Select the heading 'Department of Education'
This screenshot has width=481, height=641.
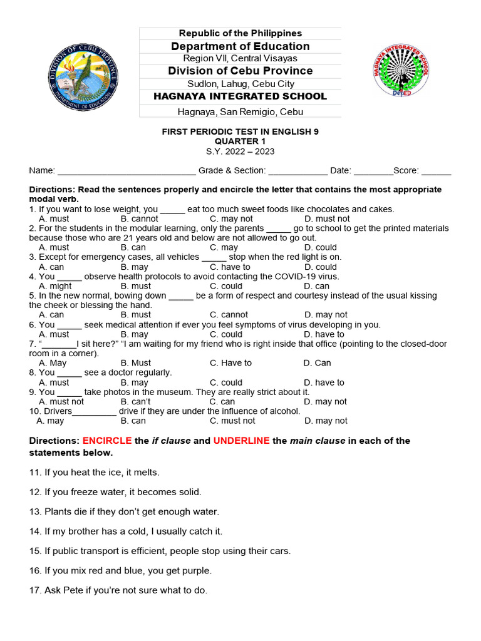[240, 46]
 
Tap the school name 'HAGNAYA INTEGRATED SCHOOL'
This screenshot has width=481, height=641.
[240, 96]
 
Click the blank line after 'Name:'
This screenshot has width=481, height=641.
[126, 171]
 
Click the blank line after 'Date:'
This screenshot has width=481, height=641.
[373, 171]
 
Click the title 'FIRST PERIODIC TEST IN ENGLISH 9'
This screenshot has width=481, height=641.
[240, 131]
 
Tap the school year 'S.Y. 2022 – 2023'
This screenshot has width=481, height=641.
[240, 151]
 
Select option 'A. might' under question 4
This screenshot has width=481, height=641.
[55, 287]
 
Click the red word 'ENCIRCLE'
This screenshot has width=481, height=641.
[107, 441]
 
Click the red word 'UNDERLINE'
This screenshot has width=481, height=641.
[241, 441]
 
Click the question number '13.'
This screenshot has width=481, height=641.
[36, 512]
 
